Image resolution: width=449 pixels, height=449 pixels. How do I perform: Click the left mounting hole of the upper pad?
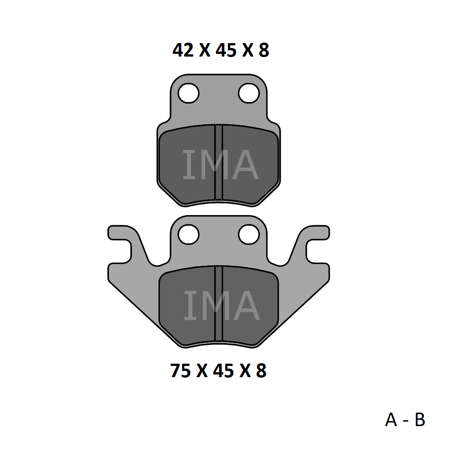tap(189, 93)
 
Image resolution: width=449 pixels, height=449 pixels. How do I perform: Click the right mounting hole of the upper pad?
tap(249, 93)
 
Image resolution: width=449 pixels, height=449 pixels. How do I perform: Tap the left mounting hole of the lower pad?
tap(189, 234)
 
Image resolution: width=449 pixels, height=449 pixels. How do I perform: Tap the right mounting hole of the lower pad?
tap(249, 234)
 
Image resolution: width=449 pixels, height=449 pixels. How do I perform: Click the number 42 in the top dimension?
tap(183, 50)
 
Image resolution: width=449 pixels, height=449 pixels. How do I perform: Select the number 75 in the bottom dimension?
tap(180, 370)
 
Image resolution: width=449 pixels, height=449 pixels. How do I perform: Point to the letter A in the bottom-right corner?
tap(391, 420)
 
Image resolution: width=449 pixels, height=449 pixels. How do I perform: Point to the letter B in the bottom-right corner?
tap(420, 420)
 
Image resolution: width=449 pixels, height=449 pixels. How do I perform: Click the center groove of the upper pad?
tap(219, 162)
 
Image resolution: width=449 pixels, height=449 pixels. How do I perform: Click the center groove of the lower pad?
tap(219, 304)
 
